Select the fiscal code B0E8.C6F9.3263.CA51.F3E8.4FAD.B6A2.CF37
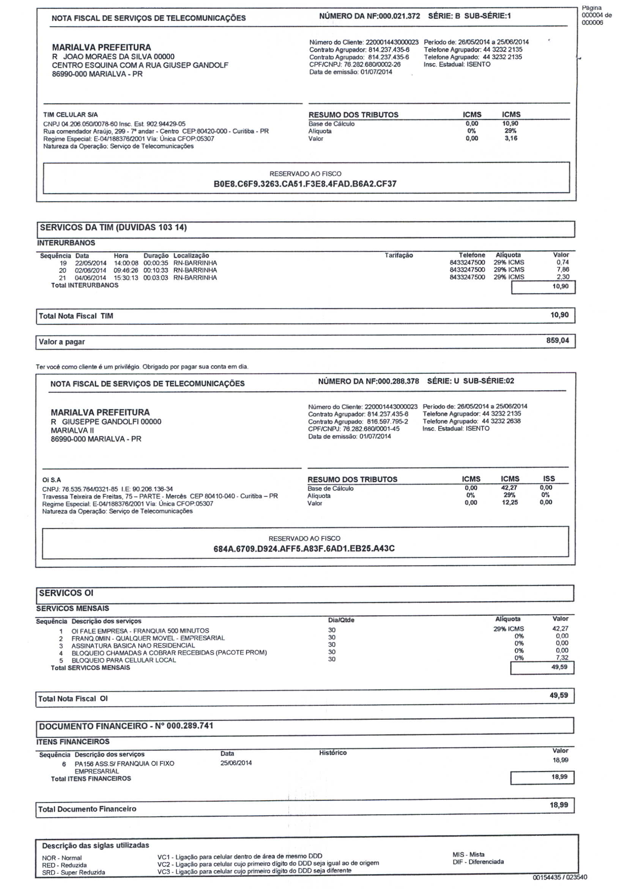[x=305, y=184]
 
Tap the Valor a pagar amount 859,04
[x=557, y=341]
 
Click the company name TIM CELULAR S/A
[x=71, y=115]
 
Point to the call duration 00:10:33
[x=156, y=270]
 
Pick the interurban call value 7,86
[x=562, y=270]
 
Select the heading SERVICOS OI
[x=66, y=593]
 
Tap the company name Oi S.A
[x=52, y=480]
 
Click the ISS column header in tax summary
[x=549, y=479]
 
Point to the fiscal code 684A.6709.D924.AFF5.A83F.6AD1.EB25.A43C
[x=304, y=549]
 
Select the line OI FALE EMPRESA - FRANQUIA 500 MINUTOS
[x=140, y=631]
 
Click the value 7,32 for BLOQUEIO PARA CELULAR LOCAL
[x=562, y=657]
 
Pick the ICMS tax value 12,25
[x=510, y=502]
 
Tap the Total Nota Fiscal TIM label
[x=76, y=316]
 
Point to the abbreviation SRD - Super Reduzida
[x=73, y=872]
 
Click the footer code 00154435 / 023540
[x=559, y=877]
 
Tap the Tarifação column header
[x=399, y=255]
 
